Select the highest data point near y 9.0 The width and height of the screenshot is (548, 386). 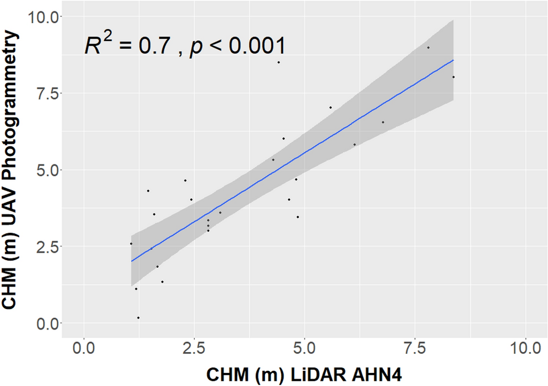[429, 47]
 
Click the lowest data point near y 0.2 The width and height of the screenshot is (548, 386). [138, 318]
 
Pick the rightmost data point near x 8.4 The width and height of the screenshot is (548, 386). [453, 77]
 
